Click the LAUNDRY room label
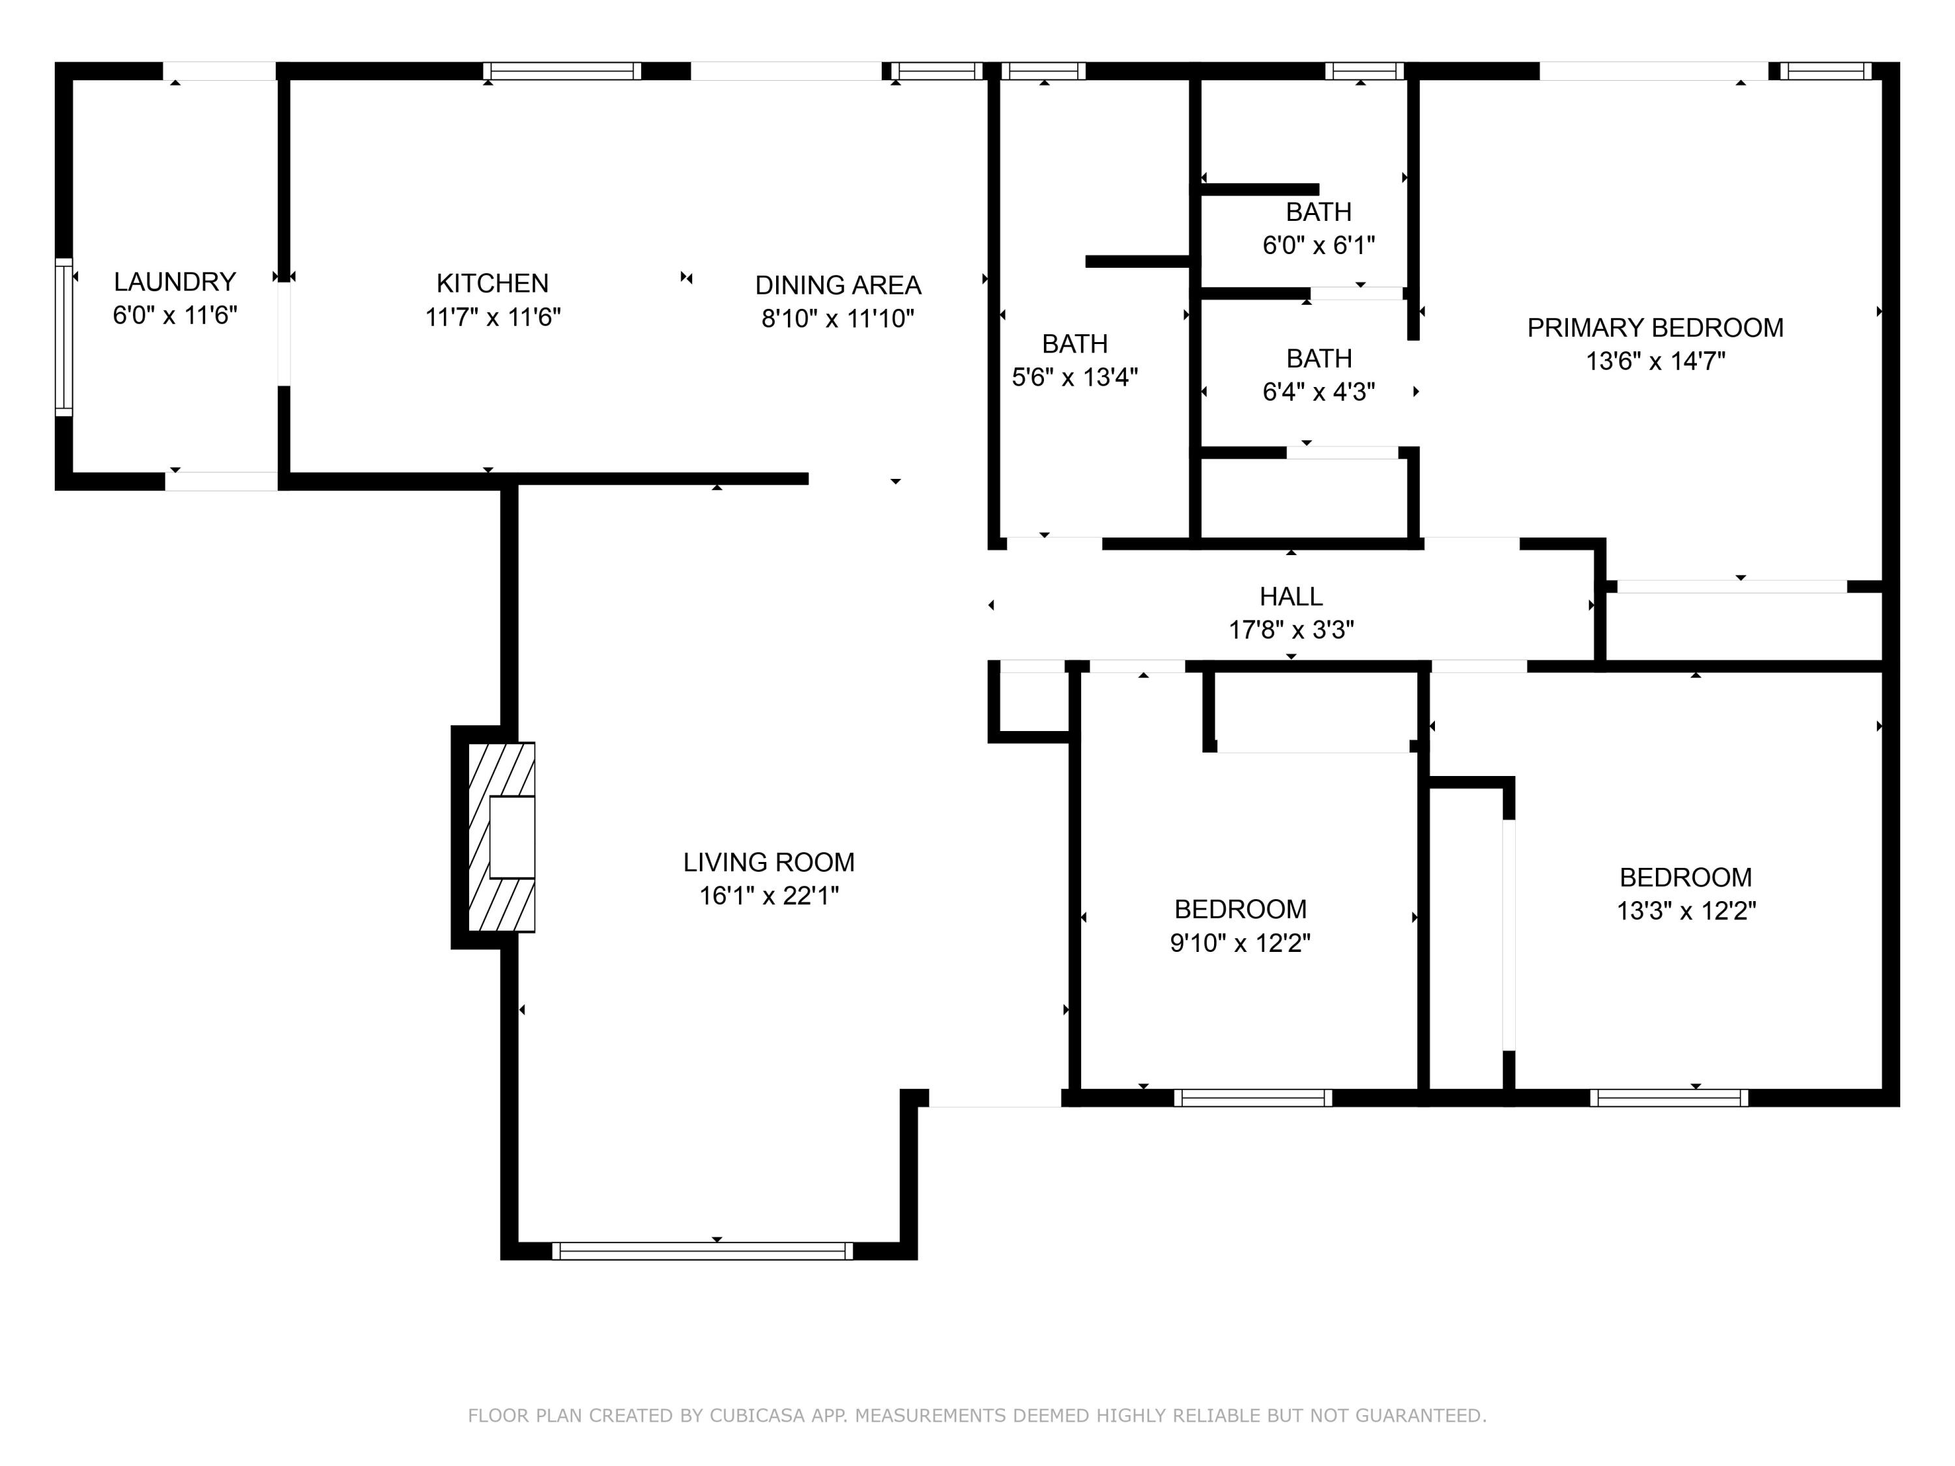point(175,282)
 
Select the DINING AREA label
point(838,285)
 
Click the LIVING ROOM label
point(768,863)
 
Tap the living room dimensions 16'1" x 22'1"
point(768,896)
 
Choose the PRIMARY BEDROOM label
point(1655,328)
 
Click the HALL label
point(1290,596)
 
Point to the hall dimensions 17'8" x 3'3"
point(1290,630)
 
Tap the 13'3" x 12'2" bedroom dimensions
point(1685,911)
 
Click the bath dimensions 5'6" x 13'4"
point(1074,377)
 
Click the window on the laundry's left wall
point(64,337)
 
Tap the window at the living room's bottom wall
point(702,1250)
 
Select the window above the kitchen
point(562,70)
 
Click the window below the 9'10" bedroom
point(1253,1097)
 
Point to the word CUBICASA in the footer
point(757,1416)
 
